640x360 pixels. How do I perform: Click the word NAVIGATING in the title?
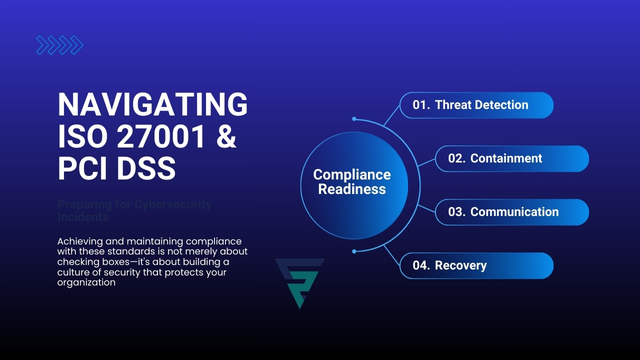tap(152, 103)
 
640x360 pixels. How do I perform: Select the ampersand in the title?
tap(228, 135)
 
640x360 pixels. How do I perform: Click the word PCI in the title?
tap(87, 167)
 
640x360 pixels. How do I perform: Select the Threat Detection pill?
tap(477, 105)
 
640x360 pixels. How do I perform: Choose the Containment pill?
tap(511, 158)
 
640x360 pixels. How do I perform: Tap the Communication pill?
tap(511, 212)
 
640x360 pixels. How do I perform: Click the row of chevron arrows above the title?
tap(59, 45)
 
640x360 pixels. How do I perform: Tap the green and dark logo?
tap(300, 282)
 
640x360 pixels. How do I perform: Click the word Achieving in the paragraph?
tap(86, 241)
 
